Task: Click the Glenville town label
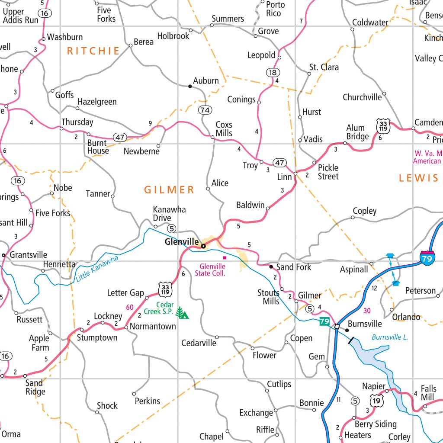[182, 242]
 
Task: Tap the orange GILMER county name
[169, 189]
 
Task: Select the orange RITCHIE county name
[93, 51]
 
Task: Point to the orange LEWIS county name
[418, 178]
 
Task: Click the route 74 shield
[205, 110]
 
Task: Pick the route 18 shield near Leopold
[273, 72]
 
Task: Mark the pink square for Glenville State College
[225, 258]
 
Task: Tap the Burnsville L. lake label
[390, 337]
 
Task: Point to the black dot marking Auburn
[190, 87]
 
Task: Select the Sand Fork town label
[293, 267]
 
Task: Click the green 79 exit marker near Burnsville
[324, 321]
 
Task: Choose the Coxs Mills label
[224, 129]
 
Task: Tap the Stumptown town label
[97, 337]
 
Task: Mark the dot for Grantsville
[3, 255]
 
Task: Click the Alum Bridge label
[358, 132]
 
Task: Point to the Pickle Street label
[328, 172]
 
